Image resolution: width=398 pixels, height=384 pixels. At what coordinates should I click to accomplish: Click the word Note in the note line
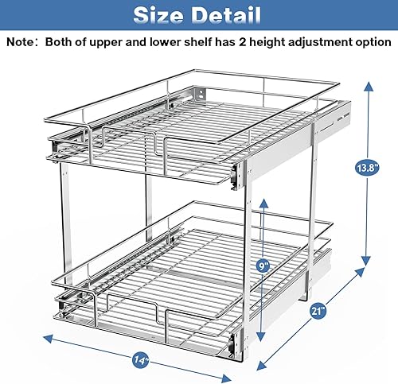click(x=25, y=41)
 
